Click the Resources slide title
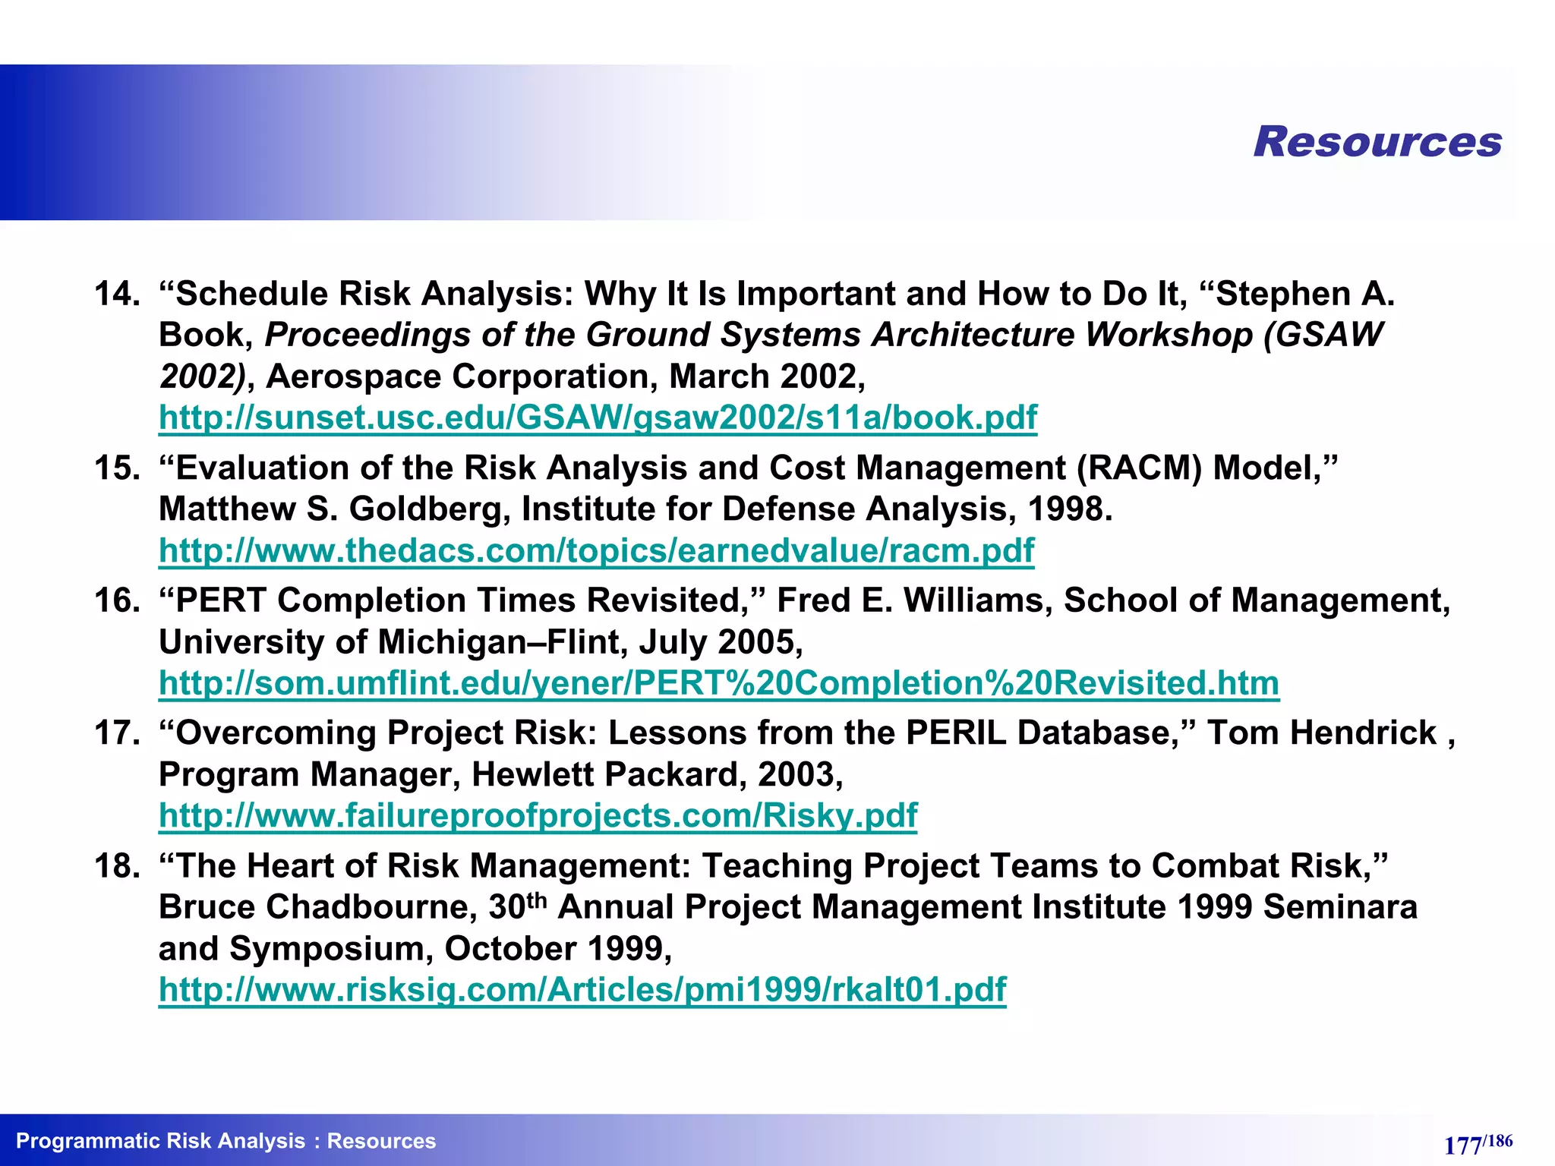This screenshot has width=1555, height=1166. pos(1377,142)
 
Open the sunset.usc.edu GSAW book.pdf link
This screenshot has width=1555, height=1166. pos(598,418)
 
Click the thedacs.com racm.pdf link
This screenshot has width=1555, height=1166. pos(596,550)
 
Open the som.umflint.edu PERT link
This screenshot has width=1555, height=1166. pos(718,683)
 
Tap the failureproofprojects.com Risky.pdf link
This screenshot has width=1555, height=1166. pos(538,816)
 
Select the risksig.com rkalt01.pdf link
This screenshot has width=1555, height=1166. pos(582,990)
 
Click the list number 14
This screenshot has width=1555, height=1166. pos(116,294)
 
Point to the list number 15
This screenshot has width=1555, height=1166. pos(116,468)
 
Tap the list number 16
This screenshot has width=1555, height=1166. pos(116,600)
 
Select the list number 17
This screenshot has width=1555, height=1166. pos(116,733)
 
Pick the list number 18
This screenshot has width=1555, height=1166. pos(116,866)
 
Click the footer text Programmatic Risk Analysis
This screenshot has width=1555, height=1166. pos(160,1141)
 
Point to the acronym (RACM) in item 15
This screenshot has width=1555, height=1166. pos(1139,468)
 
